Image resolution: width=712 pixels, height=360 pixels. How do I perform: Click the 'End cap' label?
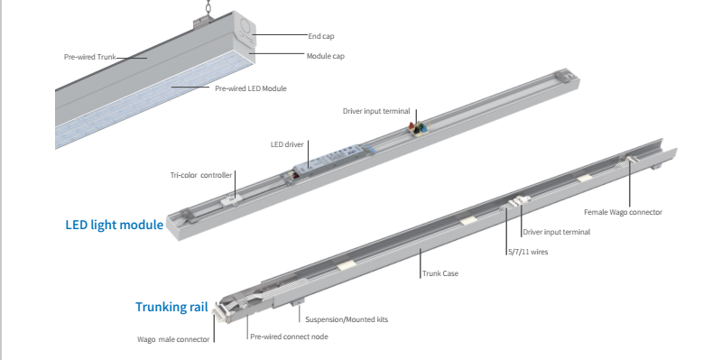tap(320, 36)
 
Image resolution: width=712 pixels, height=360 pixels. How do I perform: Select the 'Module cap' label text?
tap(326, 56)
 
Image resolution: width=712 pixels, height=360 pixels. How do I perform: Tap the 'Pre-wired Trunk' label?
tap(89, 57)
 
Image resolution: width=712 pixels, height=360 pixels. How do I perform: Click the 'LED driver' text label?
tap(287, 143)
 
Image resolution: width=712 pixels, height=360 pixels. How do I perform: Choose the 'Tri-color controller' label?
tap(201, 175)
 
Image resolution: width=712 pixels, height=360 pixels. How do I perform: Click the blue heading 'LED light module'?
tap(114, 224)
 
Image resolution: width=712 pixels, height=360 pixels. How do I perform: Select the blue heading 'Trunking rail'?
tap(171, 308)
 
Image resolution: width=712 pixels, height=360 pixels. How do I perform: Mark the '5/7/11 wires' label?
tap(527, 252)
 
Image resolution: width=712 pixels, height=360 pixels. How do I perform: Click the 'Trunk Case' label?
tap(440, 272)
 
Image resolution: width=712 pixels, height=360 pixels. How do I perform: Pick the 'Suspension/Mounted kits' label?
tap(347, 319)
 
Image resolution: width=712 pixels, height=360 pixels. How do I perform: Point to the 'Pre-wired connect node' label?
tap(289, 336)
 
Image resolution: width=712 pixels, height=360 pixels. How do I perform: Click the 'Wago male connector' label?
tap(173, 340)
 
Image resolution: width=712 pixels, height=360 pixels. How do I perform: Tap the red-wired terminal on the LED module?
tap(415, 129)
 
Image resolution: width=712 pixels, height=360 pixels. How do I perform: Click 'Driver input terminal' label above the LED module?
tap(375, 111)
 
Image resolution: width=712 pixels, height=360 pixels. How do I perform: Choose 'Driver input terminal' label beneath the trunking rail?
tap(557, 232)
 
